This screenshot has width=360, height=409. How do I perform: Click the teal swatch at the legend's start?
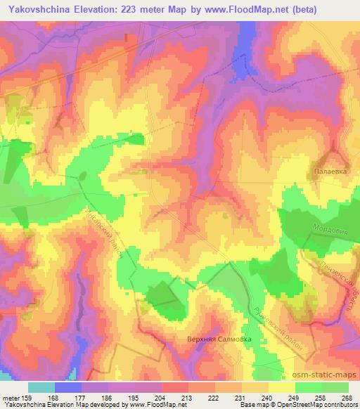coord(41,387)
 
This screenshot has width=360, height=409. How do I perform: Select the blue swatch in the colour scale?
coord(68,387)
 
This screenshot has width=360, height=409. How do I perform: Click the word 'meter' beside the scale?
coord(12,398)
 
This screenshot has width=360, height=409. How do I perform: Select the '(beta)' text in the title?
coord(296,10)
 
